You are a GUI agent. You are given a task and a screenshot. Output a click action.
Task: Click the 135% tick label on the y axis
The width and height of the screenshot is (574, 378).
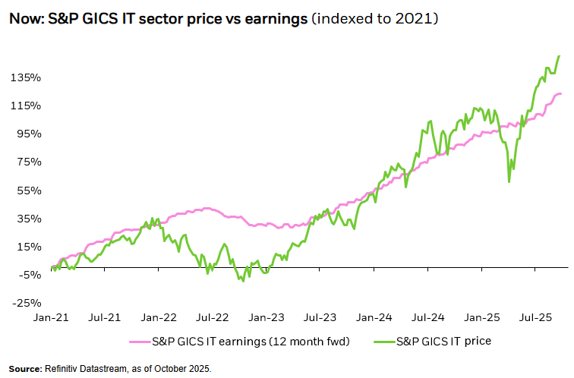pyautogui.click(x=26, y=77)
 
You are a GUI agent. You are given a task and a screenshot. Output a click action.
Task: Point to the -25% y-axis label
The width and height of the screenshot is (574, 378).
pyautogui.click(x=26, y=302)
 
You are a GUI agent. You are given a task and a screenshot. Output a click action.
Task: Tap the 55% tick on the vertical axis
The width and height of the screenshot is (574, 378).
pyautogui.click(x=28, y=190)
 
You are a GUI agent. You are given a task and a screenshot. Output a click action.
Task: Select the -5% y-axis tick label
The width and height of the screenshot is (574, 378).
pyautogui.click(x=28, y=274)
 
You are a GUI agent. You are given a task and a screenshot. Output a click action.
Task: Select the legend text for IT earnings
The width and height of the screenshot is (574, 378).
pyautogui.click(x=251, y=341)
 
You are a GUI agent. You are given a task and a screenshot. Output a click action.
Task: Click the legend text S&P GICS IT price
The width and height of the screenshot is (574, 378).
pyautogui.click(x=444, y=341)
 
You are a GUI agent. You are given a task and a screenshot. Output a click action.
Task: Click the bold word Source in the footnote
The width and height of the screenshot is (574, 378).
pyautogui.click(x=25, y=369)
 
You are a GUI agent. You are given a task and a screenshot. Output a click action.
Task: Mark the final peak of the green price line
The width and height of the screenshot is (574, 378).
pyautogui.click(x=560, y=56)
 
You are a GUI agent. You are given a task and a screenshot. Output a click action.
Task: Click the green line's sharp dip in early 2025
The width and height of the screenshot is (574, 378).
pyautogui.click(x=509, y=181)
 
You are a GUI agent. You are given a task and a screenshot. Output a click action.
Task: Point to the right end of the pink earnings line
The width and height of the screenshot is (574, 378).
pyautogui.click(x=561, y=93)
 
